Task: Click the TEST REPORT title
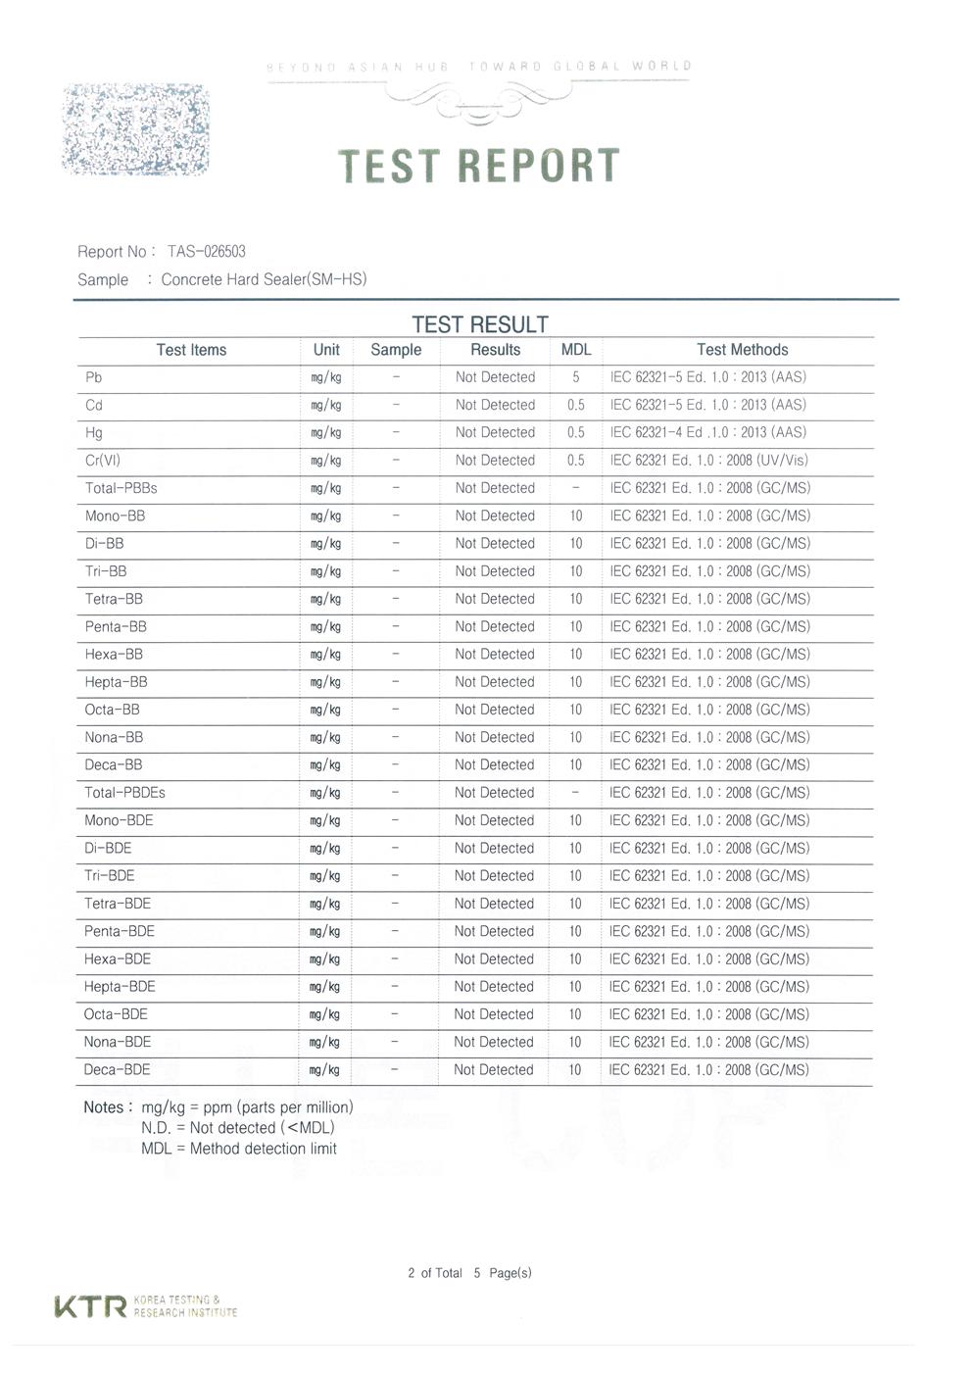479,166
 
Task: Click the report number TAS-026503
206,252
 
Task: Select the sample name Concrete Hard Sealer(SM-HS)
264,279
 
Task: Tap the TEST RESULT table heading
479,324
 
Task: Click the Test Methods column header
742,350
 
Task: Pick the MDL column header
575,350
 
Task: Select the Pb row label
94,377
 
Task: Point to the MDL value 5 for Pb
576,377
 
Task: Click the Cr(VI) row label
103,461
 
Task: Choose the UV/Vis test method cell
708,461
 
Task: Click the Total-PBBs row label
121,488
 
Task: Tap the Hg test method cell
707,432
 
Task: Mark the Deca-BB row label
114,765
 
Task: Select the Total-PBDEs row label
124,793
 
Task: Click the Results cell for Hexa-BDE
494,959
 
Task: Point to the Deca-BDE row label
118,1070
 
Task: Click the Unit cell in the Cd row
326,405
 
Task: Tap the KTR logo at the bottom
90,1306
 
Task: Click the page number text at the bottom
469,1273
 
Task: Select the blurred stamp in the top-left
136,129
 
